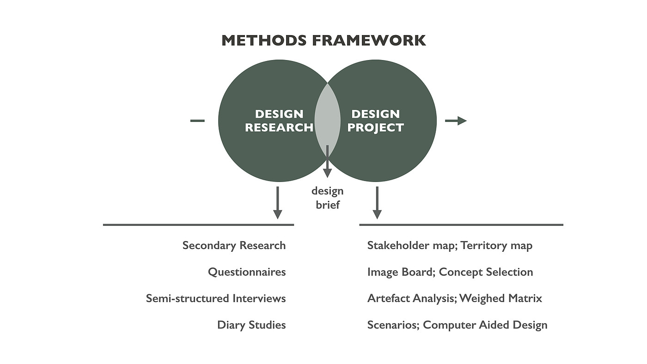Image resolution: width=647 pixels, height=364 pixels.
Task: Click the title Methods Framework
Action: coord(323,40)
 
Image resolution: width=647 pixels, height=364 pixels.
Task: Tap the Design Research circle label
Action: coord(279,121)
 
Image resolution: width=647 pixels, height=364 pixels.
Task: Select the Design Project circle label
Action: coord(375,121)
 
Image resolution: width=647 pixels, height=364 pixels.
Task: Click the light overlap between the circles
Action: coord(327,115)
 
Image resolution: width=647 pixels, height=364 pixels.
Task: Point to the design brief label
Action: coord(328,198)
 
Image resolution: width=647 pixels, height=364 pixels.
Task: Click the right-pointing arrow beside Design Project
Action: coord(456,121)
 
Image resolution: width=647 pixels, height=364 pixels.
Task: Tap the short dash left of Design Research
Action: coord(197,121)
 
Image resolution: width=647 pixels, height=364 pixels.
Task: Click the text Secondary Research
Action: coord(234,245)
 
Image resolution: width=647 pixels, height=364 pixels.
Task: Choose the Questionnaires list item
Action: coord(247,272)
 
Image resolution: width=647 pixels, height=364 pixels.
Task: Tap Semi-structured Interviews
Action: coord(216,298)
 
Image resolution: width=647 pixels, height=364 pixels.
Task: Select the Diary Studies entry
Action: coord(251,325)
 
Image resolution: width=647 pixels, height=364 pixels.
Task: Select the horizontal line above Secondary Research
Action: coord(198,225)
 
